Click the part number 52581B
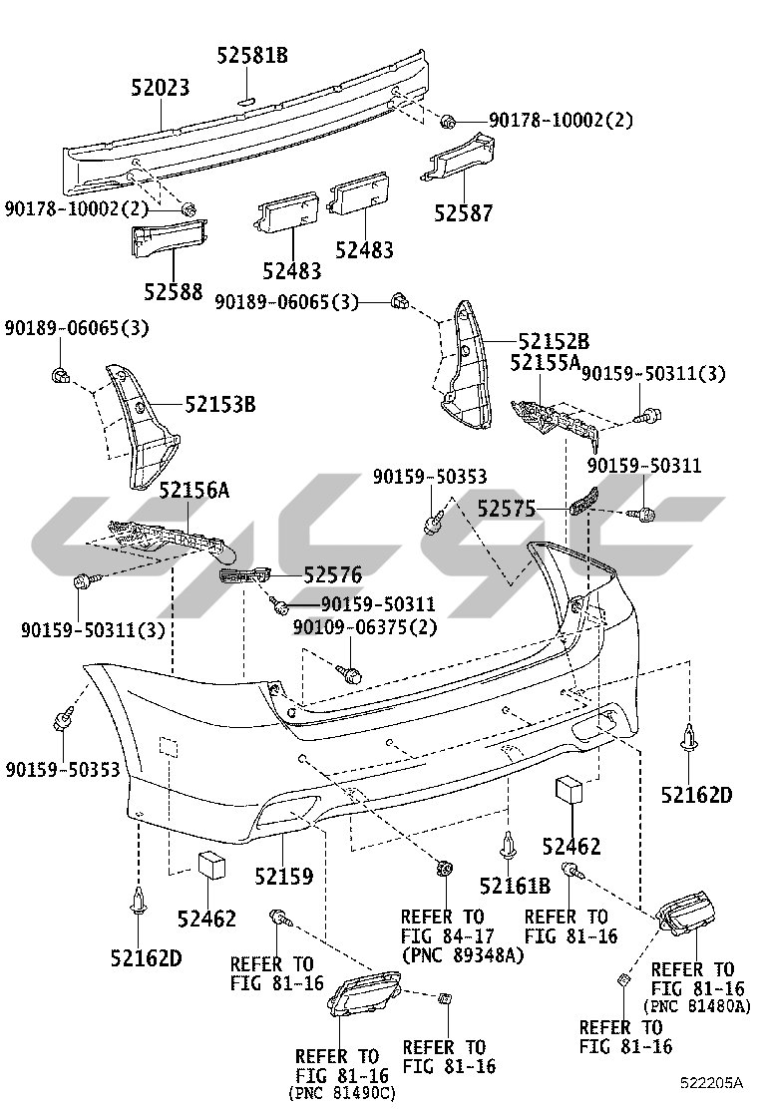coord(252,56)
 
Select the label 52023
coord(160,88)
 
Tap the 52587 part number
coord(463,213)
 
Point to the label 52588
coord(173,292)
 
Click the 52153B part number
coord(219,405)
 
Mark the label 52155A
coord(545,362)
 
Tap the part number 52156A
coord(194,490)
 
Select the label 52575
coord(507,510)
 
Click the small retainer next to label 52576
coord(245,576)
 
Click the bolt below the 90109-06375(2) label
coord(349,673)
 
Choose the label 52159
coord(283,877)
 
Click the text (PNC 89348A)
coord(462,956)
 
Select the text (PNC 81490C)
coord(342,1094)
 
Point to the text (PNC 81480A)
coord(697,1006)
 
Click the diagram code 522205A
coord(712,1082)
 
